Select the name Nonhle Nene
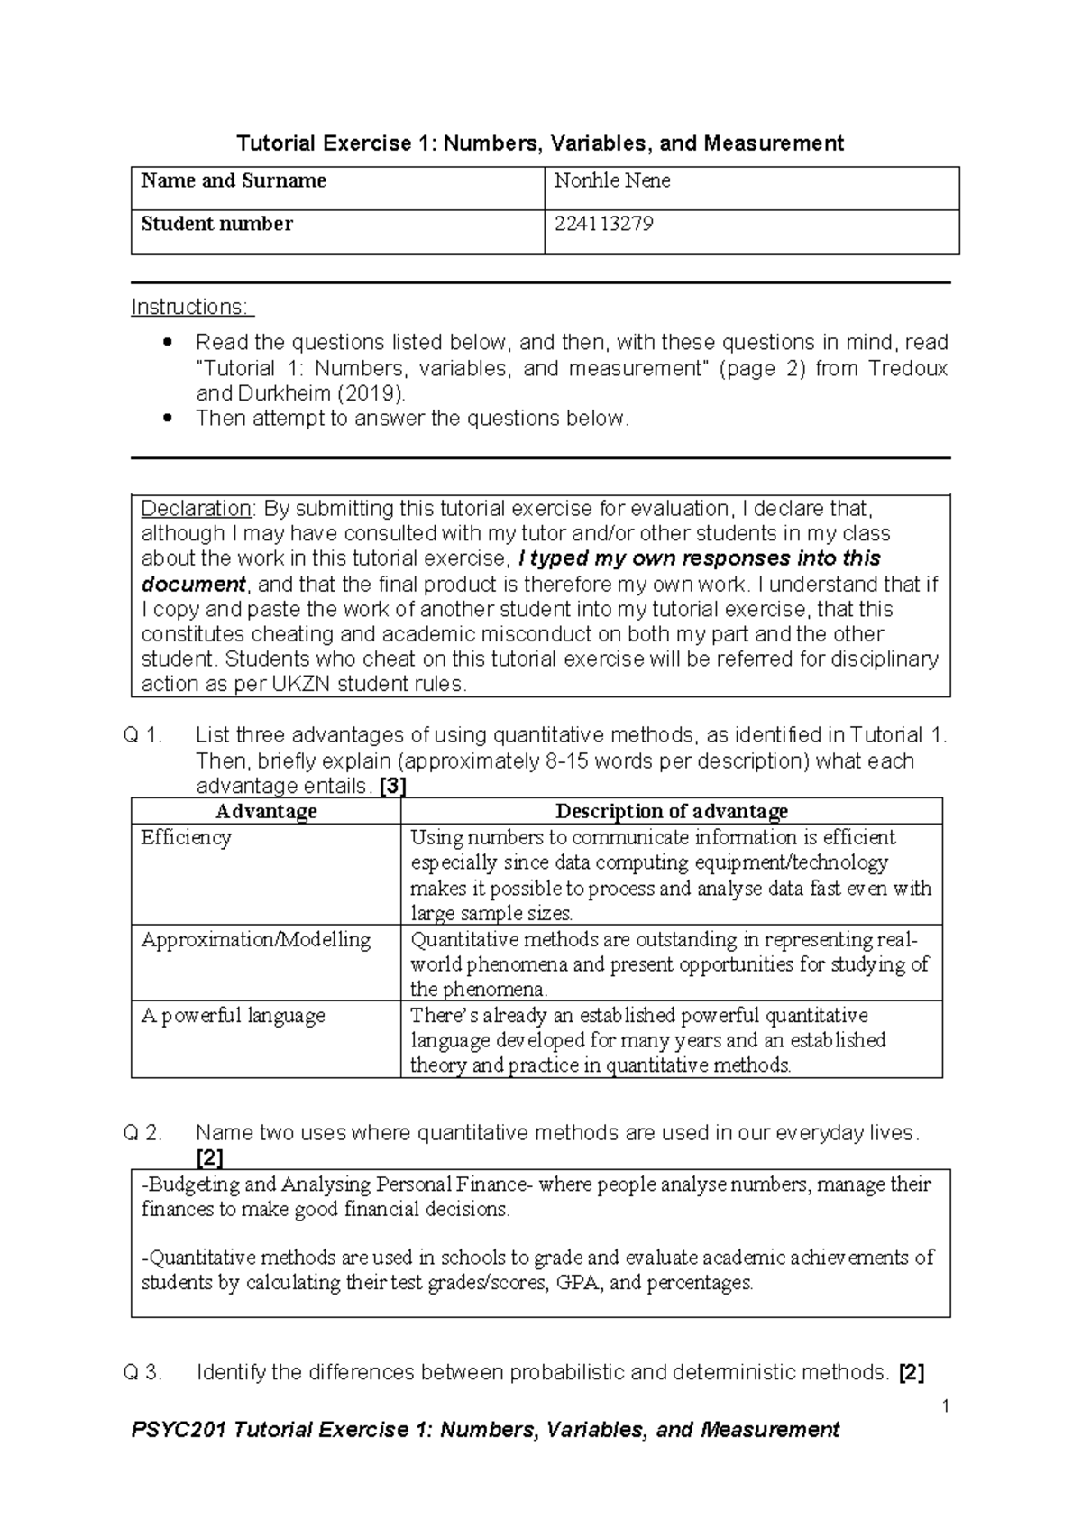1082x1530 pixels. [611, 180]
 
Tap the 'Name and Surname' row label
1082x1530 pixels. [234, 180]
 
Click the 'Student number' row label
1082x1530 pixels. [216, 224]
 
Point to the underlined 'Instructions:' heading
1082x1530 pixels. [193, 307]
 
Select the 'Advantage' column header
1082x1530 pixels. [266, 811]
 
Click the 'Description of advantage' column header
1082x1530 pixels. [672, 811]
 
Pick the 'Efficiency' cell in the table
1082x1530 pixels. [187, 837]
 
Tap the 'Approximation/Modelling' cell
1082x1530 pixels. [256, 939]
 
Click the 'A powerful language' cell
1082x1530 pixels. [233, 1015]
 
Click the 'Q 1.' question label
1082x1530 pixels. [142, 735]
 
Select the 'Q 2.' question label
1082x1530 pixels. [142, 1133]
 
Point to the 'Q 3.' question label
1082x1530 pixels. [142, 1373]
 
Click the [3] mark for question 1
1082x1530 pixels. [393, 786]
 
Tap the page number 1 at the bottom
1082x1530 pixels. [945, 1406]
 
